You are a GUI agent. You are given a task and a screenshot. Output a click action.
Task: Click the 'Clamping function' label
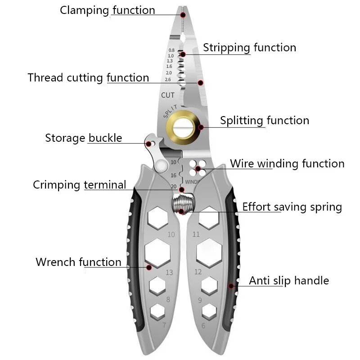click(108, 10)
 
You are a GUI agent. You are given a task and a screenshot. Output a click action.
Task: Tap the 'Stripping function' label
click(249, 47)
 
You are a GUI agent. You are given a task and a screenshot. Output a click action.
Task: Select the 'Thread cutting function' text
click(88, 77)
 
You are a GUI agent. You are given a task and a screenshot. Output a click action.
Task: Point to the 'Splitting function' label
click(265, 121)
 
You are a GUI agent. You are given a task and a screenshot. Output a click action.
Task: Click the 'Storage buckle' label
click(83, 138)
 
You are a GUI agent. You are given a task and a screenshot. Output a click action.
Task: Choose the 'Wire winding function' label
click(287, 163)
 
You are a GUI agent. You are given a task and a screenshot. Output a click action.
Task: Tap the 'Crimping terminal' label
click(80, 185)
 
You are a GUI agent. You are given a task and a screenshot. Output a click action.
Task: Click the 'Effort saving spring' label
click(292, 207)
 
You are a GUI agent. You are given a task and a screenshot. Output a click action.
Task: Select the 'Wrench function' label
click(78, 262)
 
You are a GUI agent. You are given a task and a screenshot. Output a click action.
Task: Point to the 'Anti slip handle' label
click(289, 281)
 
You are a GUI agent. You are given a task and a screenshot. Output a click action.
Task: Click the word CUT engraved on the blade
click(168, 95)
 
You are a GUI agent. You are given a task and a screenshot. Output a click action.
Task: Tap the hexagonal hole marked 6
click(209, 311)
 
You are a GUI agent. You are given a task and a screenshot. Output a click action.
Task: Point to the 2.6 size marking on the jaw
click(169, 80)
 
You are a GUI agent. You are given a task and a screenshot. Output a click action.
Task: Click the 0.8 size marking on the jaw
click(171, 50)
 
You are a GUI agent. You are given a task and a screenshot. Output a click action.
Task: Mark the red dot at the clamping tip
click(183, 15)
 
